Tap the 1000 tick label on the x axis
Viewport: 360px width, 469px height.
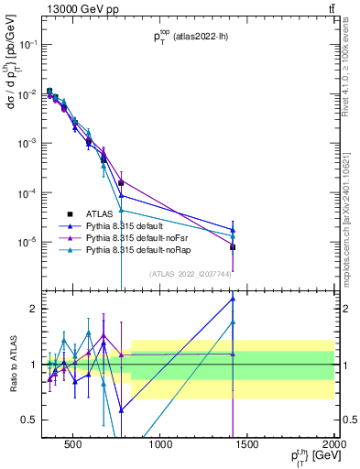coord(159,446)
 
